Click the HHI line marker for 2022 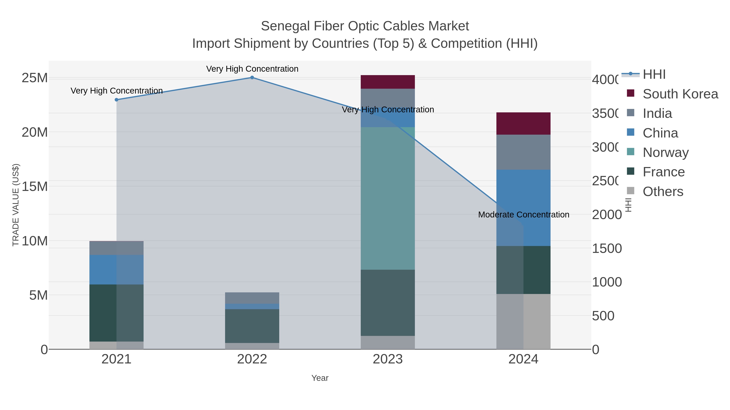[252, 78]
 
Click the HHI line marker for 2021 [116, 100]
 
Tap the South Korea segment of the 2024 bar [523, 123]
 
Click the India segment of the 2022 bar [252, 298]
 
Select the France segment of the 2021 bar [116, 313]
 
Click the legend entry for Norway [665, 152]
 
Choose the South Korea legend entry [680, 94]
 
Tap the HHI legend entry [654, 75]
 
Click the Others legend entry [662, 192]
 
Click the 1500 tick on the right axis [607, 248]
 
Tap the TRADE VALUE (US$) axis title [16, 205]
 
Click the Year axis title [320, 378]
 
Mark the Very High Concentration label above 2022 [252, 69]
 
